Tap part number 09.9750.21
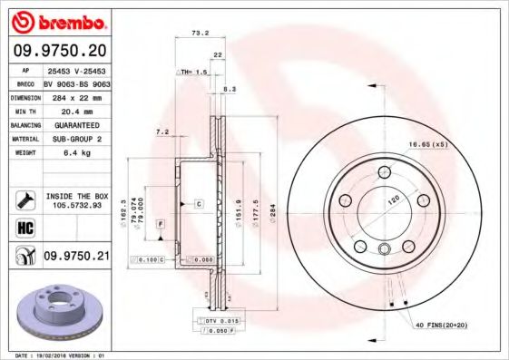coord(76,258)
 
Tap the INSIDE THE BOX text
coord(77,195)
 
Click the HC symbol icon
coord(24,227)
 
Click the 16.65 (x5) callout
coord(428,145)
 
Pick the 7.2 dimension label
coord(162,132)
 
